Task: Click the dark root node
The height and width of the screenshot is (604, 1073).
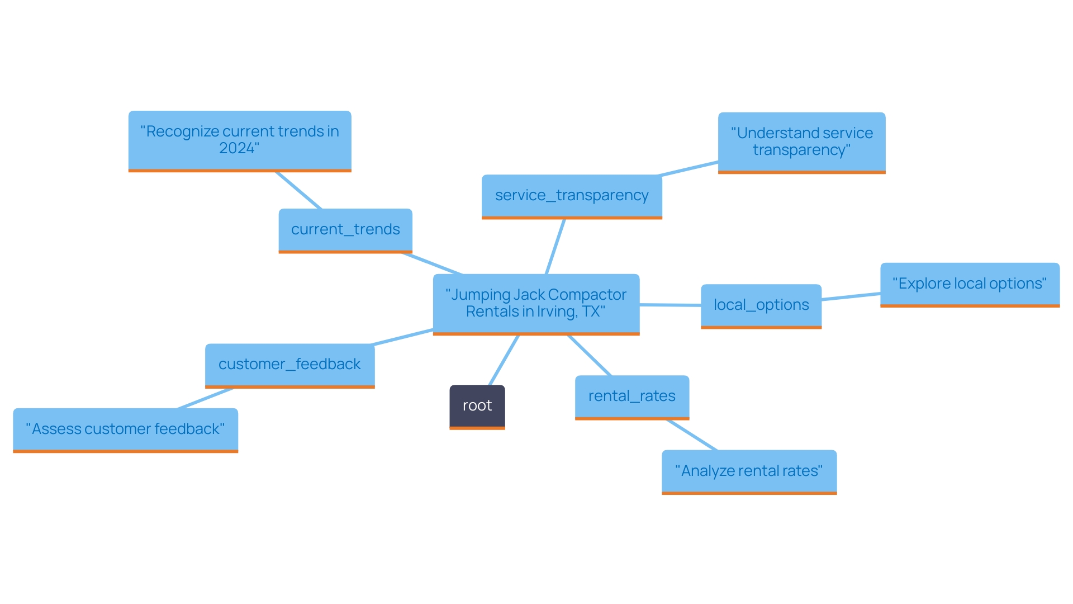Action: tap(477, 406)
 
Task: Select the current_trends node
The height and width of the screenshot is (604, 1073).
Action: tap(345, 230)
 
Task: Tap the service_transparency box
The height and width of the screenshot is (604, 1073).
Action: tap(571, 196)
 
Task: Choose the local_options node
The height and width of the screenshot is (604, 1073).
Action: tap(761, 305)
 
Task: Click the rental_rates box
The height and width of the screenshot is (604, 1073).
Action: tap(632, 397)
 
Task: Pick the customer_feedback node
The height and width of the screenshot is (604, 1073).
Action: tap(289, 365)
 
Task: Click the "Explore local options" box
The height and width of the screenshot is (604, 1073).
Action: tap(969, 284)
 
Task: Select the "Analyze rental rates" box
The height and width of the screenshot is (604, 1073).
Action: tap(748, 471)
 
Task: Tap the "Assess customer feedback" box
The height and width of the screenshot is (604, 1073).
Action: tap(125, 430)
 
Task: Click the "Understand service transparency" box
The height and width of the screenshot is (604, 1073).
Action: tap(801, 141)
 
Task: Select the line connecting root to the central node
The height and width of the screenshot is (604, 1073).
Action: tap(504, 360)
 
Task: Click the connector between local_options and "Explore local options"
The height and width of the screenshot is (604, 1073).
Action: tap(851, 296)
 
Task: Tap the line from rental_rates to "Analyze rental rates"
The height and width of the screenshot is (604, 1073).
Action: tap(691, 435)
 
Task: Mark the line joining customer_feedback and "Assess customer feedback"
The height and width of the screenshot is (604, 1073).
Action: tap(205, 398)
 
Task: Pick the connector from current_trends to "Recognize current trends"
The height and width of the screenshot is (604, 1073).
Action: tap(298, 190)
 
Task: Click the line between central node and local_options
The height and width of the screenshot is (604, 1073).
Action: tap(670, 305)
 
